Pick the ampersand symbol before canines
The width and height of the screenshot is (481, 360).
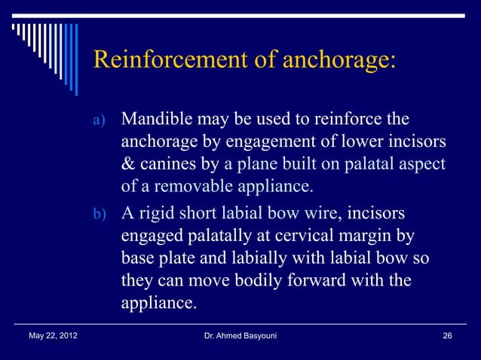pyautogui.click(x=127, y=163)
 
